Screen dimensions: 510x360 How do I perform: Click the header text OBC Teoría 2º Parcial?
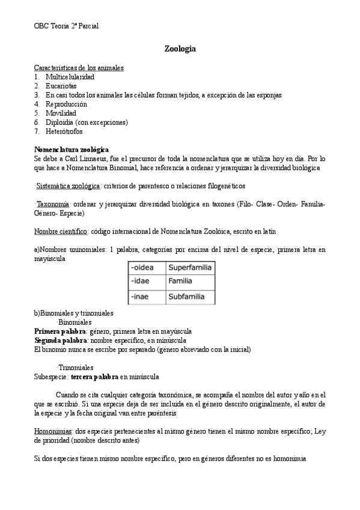point(67,26)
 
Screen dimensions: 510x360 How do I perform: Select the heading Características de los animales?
point(79,68)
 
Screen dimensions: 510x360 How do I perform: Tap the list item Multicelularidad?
point(70,77)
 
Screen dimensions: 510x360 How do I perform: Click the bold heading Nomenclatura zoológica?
point(72,149)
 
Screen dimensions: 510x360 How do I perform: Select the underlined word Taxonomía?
point(52,204)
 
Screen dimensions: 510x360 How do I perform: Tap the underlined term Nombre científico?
point(61,231)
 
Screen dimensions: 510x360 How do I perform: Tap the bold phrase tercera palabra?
point(94,376)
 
